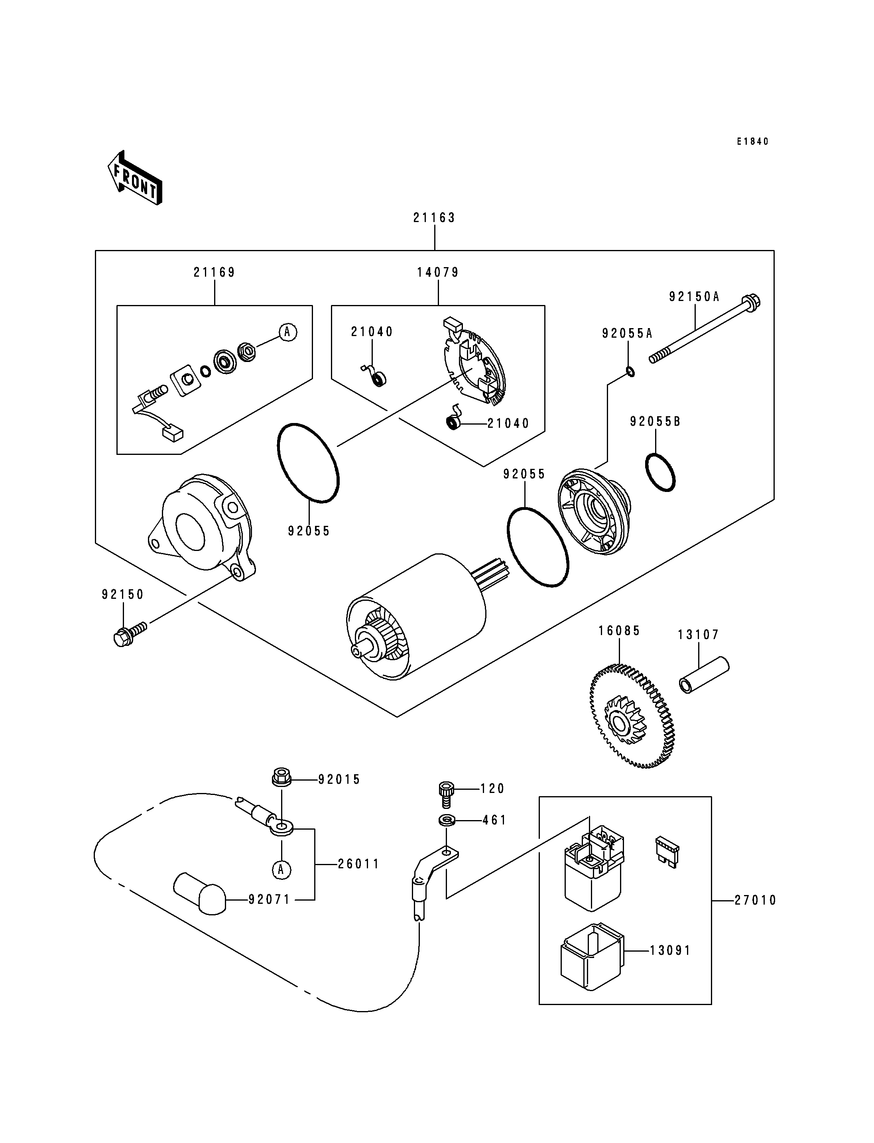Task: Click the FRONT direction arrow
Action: point(135,177)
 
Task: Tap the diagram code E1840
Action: point(752,142)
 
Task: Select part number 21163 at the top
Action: point(434,217)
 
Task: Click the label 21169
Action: point(215,272)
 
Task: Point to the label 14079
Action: point(438,272)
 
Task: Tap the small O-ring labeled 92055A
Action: point(630,372)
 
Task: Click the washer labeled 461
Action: point(446,820)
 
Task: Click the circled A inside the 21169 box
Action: point(288,332)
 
